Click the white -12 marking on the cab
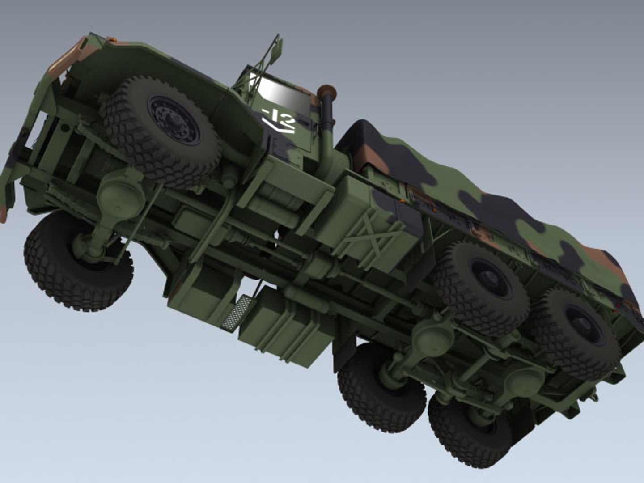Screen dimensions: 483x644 (x=279, y=115)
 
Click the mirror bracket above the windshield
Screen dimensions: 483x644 (x=271, y=54)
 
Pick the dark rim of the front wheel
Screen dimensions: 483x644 (x=174, y=120)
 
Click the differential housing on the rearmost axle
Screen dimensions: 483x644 (x=523, y=380)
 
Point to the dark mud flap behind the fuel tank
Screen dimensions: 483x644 (x=344, y=353)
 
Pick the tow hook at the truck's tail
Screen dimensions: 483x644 (x=593, y=396)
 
